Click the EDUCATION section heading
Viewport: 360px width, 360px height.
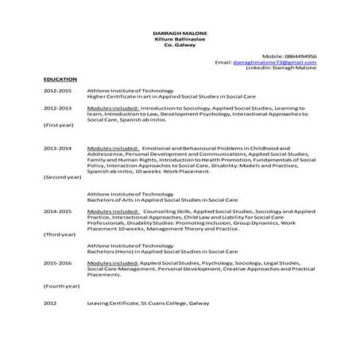[60, 79]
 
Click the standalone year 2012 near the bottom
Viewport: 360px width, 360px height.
[50, 304]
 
